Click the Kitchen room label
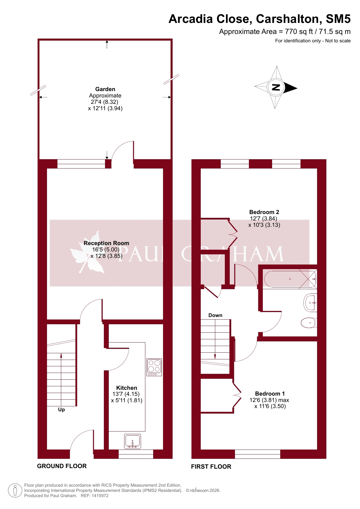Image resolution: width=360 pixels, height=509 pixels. [x=126, y=388]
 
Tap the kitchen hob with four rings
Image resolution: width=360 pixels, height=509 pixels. [x=154, y=367]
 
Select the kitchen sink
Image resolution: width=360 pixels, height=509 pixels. [x=133, y=441]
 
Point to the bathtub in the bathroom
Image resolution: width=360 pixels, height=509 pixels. [x=290, y=279]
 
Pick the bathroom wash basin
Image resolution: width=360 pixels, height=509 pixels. [x=310, y=303]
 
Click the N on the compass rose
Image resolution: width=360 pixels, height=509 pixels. [x=276, y=87]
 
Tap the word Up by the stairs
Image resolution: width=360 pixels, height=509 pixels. [x=61, y=410]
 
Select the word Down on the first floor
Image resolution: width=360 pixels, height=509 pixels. [x=215, y=315]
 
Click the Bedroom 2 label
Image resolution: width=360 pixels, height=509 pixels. [x=264, y=212]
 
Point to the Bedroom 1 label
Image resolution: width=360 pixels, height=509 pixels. [x=270, y=394]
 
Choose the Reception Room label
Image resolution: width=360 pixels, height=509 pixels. [x=106, y=243]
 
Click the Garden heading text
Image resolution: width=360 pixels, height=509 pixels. [x=105, y=89]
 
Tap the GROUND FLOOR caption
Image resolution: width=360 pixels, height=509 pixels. [x=62, y=466]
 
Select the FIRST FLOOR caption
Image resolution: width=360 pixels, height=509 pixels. [x=211, y=467]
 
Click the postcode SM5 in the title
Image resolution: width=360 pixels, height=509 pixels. [x=338, y=19]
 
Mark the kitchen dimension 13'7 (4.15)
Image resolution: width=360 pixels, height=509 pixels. [x=126, y=394]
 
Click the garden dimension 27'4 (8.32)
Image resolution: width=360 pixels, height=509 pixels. [x=104, y=102]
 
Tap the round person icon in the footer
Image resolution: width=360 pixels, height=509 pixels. [x=15, y=491]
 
